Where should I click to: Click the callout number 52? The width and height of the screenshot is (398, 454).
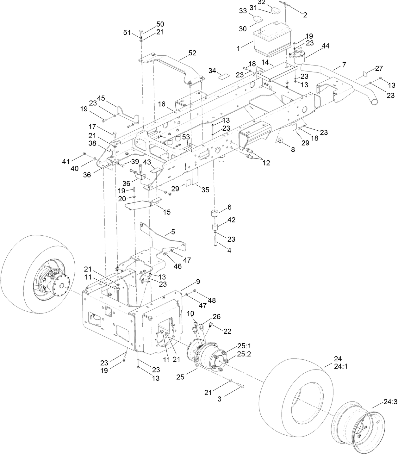point(192,53)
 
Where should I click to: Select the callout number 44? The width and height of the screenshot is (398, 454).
point(325,46)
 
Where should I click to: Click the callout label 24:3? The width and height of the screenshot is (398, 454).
point(390,402)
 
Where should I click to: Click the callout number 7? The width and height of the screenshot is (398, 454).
point(344,65)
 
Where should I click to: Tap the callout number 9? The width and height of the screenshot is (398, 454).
point(198,281)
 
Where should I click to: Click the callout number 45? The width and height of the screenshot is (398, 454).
point(101,98)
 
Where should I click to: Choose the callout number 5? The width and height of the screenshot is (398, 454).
point(173,232)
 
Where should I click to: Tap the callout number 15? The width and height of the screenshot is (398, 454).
point(166,212)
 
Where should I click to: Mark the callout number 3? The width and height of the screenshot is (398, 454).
point(219,399)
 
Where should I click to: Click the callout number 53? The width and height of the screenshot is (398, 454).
point(186,137)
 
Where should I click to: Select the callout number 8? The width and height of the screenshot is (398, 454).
point(293,150)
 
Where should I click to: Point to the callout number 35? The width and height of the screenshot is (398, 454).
point(205,190)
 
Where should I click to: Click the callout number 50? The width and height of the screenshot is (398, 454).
point(160,24)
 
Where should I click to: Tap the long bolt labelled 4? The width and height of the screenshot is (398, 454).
point(215,242)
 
